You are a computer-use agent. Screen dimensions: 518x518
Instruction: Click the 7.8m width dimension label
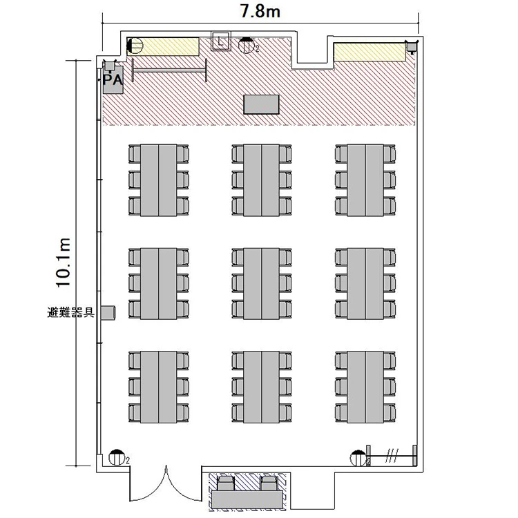tap(260, 11)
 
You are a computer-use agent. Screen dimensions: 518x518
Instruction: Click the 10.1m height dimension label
tap(63, 262)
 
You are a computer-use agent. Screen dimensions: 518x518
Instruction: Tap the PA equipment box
tap(113, 79)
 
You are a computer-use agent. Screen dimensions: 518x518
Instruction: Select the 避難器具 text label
tap(71, 312)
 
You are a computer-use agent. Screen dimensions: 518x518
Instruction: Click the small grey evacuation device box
tap(108, 313)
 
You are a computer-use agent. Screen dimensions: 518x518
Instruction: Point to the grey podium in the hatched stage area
tap(261, 104)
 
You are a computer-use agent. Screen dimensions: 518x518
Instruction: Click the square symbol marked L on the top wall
tap(221, 41)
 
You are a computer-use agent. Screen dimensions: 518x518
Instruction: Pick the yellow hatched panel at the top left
tap(163, 46)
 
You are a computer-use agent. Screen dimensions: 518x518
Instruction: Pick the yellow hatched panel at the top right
tap(370, 52)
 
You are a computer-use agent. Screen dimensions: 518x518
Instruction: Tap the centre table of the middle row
tap(261, 284)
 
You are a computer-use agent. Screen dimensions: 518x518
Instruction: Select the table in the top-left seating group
tap(158, 180)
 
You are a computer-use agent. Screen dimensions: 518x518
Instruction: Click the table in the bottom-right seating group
tap(365, 387)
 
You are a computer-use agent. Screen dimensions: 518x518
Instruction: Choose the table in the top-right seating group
tap(365, 180)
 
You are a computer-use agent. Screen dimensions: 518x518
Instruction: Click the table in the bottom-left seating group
tap(158, 387)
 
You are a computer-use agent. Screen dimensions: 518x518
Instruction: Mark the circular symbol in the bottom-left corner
tap(116, 457)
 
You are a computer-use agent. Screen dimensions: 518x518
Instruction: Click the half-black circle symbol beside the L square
tap(247, 46)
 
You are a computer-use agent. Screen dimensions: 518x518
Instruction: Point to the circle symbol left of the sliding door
tap(358, 458)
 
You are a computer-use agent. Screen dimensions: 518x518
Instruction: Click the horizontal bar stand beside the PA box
tap(169, 70)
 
